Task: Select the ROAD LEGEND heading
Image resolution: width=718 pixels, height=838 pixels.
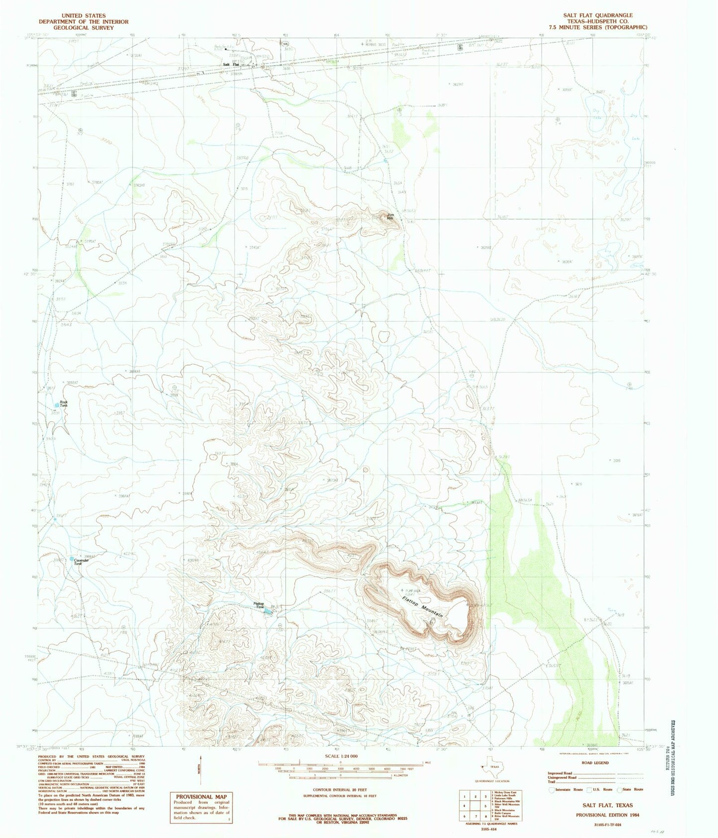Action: click(595, 762)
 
